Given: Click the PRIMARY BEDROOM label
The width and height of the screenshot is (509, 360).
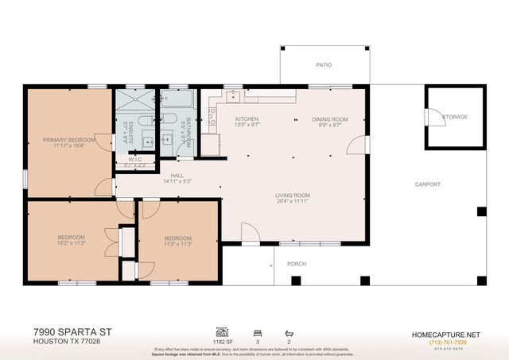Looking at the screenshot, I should click(69, 140).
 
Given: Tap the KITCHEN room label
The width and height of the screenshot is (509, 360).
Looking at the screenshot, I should click(247, 119).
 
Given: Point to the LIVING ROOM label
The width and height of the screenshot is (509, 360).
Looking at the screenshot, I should click(293, 195).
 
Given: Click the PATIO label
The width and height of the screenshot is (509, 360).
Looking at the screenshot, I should click(324, 65).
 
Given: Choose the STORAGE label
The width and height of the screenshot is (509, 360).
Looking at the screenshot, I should click(455, 117).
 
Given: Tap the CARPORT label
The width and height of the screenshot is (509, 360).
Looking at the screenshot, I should click(427, 184).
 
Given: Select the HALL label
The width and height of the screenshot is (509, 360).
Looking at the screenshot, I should click(177, 176).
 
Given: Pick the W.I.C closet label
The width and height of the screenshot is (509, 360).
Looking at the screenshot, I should click(135, 160).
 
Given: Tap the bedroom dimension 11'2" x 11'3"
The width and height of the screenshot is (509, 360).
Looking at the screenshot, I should click(177, 245).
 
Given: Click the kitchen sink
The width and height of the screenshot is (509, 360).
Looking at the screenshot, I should click(235, 98).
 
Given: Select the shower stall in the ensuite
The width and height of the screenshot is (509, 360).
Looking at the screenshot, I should click(127, 102).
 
